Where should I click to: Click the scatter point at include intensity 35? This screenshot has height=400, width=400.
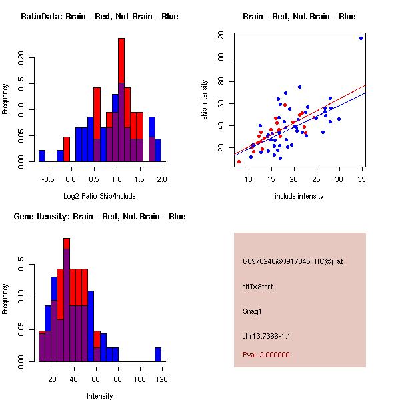(x=361, y=38)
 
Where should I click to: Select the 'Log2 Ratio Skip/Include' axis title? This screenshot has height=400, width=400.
(x=99, y=196)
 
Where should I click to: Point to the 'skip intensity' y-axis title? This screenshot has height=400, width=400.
(x=205, y=100)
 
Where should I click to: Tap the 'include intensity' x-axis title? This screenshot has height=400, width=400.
(x=299, y=196)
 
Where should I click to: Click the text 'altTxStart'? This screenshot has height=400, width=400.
(x=258, y=287)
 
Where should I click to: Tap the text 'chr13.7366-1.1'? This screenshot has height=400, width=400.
(x=266, y=335)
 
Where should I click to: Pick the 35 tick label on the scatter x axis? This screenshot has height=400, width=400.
(x=361, y=179)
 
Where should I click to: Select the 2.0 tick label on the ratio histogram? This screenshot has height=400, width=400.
(x=162, y=179)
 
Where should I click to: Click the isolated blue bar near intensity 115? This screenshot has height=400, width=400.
(x=158, y=355)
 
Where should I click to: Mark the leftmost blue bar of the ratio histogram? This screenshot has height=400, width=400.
(x=42, y=156)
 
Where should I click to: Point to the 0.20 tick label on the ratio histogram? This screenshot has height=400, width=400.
(x=21, y=58)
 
